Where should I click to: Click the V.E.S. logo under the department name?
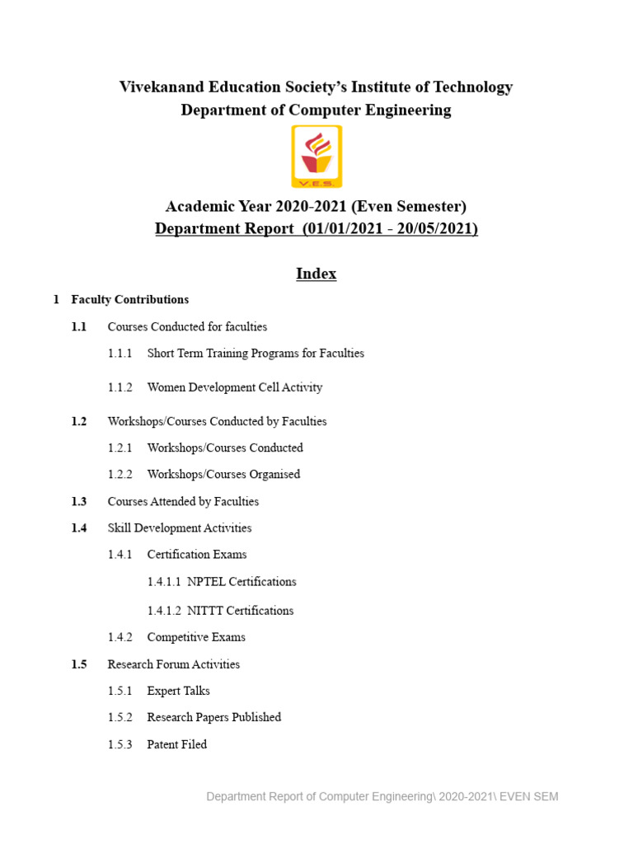pyautogui.click(x=316, y=157)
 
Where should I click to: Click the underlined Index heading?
pyautogui.click(x=316, y=274)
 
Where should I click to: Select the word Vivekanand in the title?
pyautogui.click(x=163, y=87)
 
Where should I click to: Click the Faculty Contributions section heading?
pyautogui.click(x=130, y=300)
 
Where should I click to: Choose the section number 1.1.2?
pyautogui.click(x=120, y=387)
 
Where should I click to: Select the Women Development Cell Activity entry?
pyautogui.click(x=235, y=387)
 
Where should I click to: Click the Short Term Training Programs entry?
pyautogui.click(x=256, y=354)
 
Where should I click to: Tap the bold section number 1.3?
pyautogui.click(x=79, y=501)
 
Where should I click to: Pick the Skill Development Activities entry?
pyautogui.click(x=180, y=528)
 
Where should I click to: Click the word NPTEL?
pyautogui.click(x=206, y=582)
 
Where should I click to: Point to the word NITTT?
pyautogui.click(x=205, y=611)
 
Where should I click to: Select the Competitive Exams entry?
pyautogui.click(x=196, y=637)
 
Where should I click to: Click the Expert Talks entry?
pyautogui.click(x=179, y=691)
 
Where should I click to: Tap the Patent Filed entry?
pyautogui.click(x=177, y=744)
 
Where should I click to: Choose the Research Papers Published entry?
pyautogui.click(x=214, y=718)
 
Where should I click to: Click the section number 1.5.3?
pyautogui.click(x=120, y=744)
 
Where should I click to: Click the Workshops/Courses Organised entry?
pyautogui.click(x=223, y=475)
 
